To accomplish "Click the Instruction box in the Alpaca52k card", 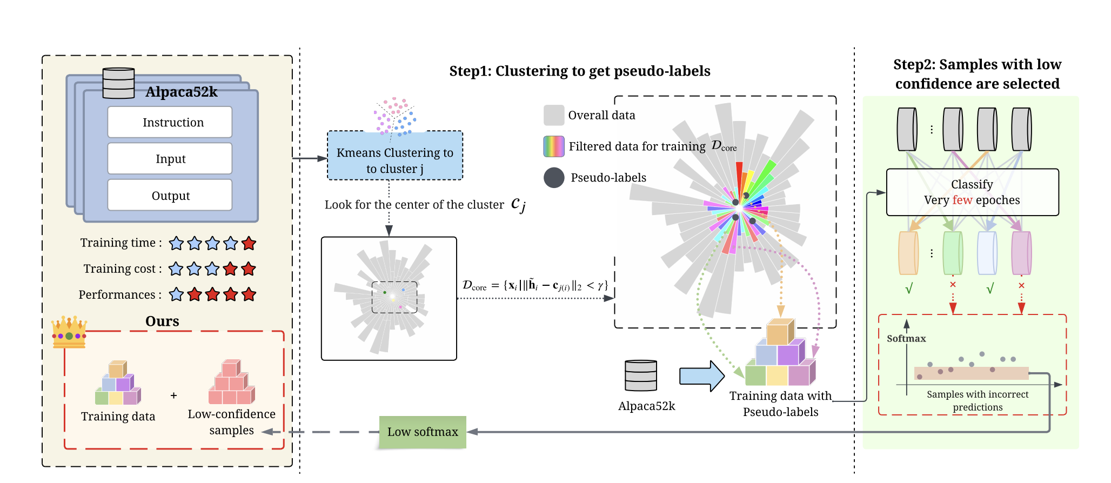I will (170, 122).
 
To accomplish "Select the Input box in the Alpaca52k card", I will (170, 159).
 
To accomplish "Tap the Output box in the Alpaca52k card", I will (170, 195).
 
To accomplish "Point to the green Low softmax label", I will (423, 432).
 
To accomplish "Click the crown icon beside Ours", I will (69, 331).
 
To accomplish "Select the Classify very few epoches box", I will (972, 192).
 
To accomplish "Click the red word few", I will (962, 200).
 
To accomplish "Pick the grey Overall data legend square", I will (554, 115).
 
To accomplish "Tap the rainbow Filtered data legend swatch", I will (554, 146).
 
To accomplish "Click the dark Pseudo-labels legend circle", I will (554, 178).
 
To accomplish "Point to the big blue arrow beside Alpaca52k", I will (701, 376).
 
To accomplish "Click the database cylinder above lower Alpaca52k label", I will (641, 375).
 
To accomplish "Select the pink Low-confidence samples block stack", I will (231, 383).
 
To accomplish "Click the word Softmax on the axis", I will (906, 339).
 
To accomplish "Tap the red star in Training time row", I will (249, 243).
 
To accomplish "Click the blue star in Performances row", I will (176, 294).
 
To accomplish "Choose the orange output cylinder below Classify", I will (908, 253).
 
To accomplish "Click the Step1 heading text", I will (580, 71).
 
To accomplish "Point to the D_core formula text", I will (535, 285).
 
